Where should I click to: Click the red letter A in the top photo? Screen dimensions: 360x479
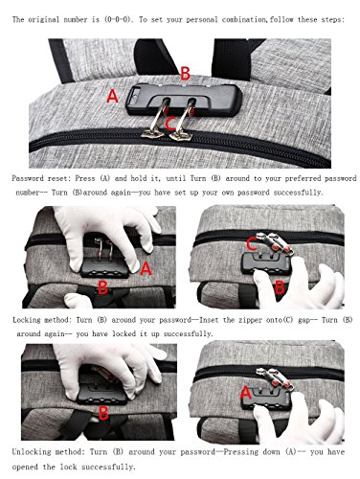(x=112, y=96)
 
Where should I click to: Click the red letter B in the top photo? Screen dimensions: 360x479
(x=186, y=74)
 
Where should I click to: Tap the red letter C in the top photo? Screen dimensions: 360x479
(x=170, y=124)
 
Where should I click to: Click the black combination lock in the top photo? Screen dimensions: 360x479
(x=184, y=100)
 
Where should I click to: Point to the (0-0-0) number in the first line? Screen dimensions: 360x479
(x=118, y=19)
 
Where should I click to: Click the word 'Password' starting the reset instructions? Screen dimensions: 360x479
(x=27, y=178)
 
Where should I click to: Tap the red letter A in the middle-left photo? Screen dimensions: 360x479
(x=146, y=268)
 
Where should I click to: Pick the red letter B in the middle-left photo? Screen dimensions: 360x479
(x=102, y=287)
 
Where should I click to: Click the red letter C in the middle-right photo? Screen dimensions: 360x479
(x=251, y=245)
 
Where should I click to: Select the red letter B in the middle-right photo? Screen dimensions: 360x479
(x=280, y=287)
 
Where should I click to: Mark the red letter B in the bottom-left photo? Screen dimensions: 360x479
(x=103, y=413)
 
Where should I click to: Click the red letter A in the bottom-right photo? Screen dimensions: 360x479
(x=246, y=393)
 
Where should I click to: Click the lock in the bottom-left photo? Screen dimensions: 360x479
(x=102, y=394)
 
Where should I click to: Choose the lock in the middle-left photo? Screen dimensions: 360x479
(x=104, y=267)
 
